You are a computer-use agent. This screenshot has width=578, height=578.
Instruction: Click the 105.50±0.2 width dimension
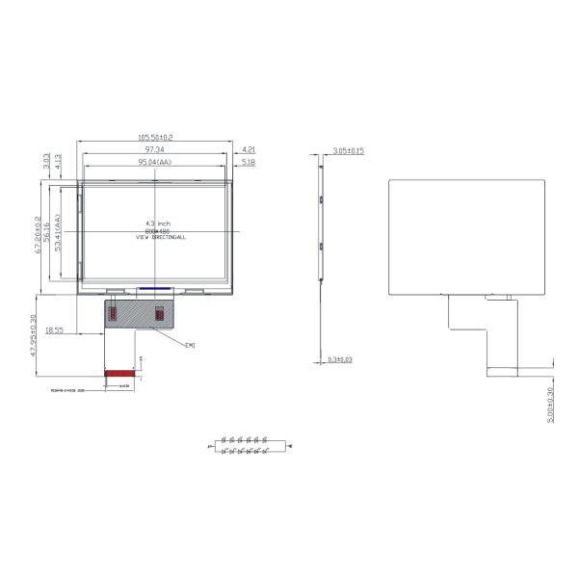[x=155, y=138]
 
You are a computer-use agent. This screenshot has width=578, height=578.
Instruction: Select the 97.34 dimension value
[x=154, y=150]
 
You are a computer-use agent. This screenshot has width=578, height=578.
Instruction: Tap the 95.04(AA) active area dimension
[x=154, y=163]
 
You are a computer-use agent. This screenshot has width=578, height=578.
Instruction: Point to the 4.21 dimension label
[x=249, y=149]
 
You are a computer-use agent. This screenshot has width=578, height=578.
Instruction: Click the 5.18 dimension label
[x=249, y=163]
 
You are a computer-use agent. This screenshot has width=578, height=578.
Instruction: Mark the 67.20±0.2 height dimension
[x=37, y=241]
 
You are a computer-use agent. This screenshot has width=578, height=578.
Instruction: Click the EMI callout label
[x=190, y=344]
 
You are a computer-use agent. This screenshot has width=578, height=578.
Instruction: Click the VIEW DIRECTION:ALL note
[x=161, y=237]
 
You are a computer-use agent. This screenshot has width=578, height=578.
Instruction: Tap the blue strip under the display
[x=154, y=287]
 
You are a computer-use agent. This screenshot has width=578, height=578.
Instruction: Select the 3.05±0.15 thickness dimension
[x=348, y=151]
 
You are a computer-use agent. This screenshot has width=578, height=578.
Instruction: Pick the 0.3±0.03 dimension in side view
[x=340, y=360]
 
